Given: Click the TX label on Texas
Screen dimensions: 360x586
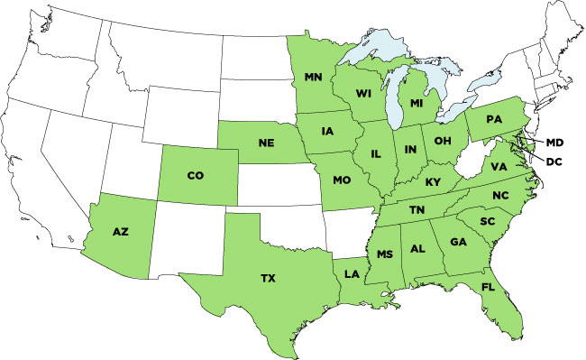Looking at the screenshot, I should (268, 279).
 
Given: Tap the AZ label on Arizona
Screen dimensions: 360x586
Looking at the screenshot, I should (120, 232).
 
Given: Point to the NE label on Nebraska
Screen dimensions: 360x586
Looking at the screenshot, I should (265, 143).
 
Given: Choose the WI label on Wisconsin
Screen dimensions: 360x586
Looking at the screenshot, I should (365, 92).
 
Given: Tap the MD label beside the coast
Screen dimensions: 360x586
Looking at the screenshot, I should (554, 143).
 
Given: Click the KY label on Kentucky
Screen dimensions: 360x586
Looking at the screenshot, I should (434, 181).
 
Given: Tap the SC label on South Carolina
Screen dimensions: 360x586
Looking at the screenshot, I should (487, 221).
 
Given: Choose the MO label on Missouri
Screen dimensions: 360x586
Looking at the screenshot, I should (341, 180).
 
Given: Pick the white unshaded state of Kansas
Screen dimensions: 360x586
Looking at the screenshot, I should (274, 184).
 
